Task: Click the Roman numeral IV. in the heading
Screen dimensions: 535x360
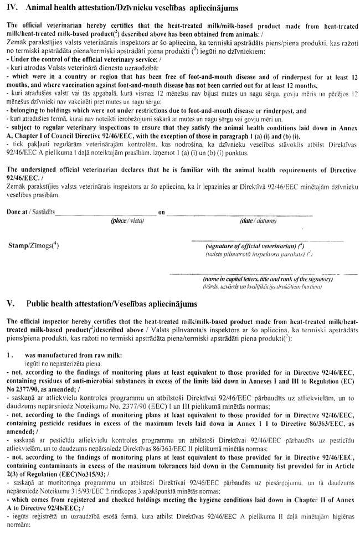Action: coord(11,8)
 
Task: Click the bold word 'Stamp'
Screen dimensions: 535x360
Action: coord(17,245)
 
